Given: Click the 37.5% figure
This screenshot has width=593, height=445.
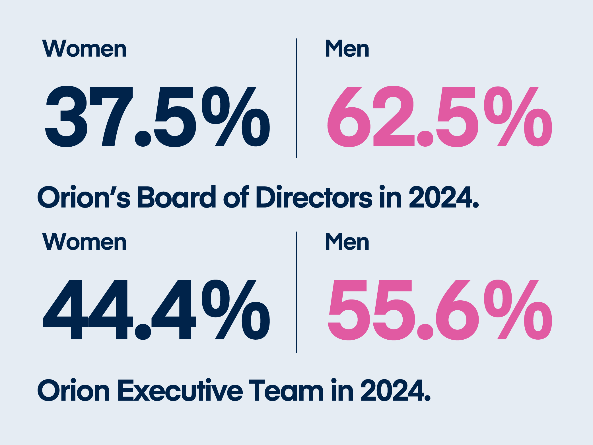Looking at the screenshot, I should (157, 117).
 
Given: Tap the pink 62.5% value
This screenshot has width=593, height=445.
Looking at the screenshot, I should (439, 117).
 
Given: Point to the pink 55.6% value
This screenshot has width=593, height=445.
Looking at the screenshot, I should (439, 310).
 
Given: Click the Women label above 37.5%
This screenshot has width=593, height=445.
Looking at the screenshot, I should (84, 49).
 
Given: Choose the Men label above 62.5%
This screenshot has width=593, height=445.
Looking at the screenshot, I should (347, 49).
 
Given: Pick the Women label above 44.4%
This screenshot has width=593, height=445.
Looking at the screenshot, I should (84, 242).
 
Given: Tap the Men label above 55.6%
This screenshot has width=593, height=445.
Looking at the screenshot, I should (347, 242).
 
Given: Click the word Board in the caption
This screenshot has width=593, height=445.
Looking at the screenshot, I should (177, 197).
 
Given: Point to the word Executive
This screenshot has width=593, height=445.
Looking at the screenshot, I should (180, 390).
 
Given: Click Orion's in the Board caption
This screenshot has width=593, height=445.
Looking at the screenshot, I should (84, 197).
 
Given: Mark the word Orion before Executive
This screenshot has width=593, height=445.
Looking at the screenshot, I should (73, 390).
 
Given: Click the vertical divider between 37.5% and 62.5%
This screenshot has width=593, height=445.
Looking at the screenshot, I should (296, 98).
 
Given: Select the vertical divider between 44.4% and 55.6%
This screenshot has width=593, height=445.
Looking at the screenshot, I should (296, 292).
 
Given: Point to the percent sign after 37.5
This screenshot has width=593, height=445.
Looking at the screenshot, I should (236, 117).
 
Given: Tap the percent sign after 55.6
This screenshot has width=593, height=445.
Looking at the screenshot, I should (518, 310).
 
